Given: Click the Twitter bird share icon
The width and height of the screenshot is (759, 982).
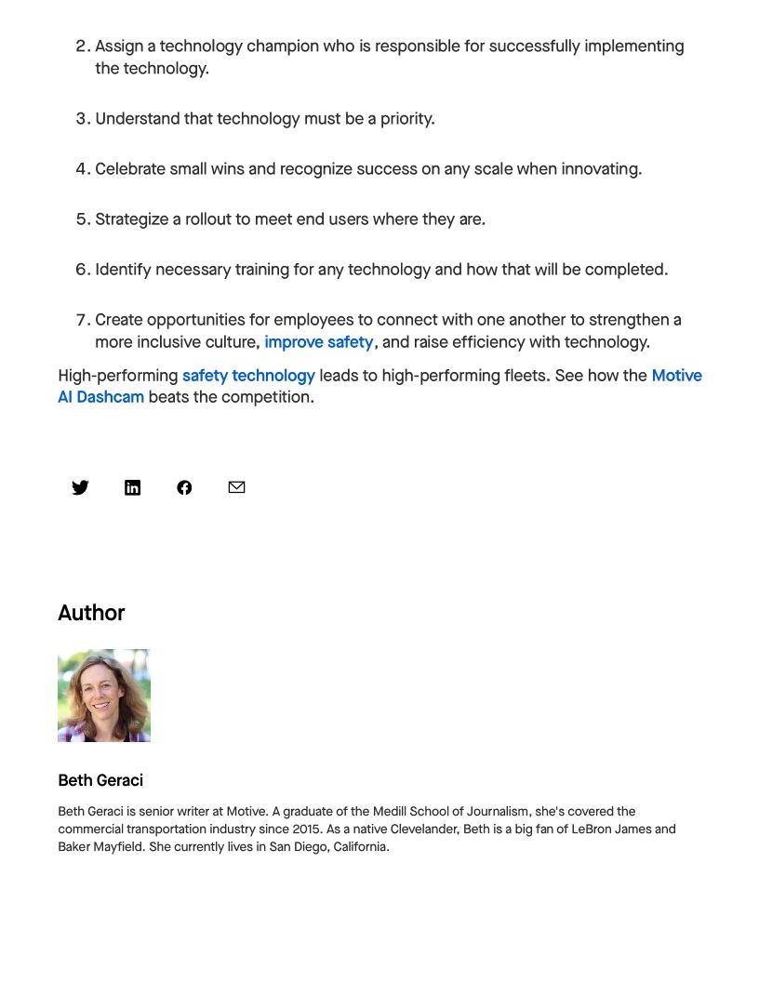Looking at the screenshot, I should [x=81, y=487].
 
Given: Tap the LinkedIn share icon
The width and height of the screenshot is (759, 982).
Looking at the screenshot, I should [x=133, y=487].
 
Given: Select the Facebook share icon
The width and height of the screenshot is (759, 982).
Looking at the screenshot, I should [x=184, y=487].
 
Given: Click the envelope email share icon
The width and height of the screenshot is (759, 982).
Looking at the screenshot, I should [x=236, y=487].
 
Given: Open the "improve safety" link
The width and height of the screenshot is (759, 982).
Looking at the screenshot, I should [x=319, y=342].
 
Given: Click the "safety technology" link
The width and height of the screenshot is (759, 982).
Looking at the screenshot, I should [x=248, y=376].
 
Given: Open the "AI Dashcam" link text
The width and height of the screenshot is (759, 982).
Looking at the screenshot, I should [x=100, y=397].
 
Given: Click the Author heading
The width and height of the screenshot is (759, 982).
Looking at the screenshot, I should [x=91, y=613].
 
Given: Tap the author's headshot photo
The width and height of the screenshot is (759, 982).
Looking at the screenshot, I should [x=104, y=696].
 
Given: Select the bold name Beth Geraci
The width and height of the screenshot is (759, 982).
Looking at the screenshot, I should [x=100, y=780].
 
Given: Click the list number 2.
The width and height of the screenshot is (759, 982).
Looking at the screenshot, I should [x=81, y=46].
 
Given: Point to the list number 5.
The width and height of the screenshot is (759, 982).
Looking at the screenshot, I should [x=81, y=219].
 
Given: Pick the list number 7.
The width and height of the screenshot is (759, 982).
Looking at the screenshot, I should [x=81, y=320].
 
